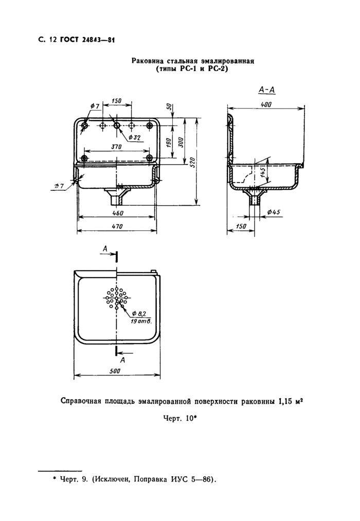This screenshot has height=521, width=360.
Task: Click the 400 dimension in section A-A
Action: pos(265,104)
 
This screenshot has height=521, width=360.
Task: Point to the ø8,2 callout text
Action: pos(140,313)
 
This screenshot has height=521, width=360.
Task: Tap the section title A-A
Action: pos(267,91)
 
